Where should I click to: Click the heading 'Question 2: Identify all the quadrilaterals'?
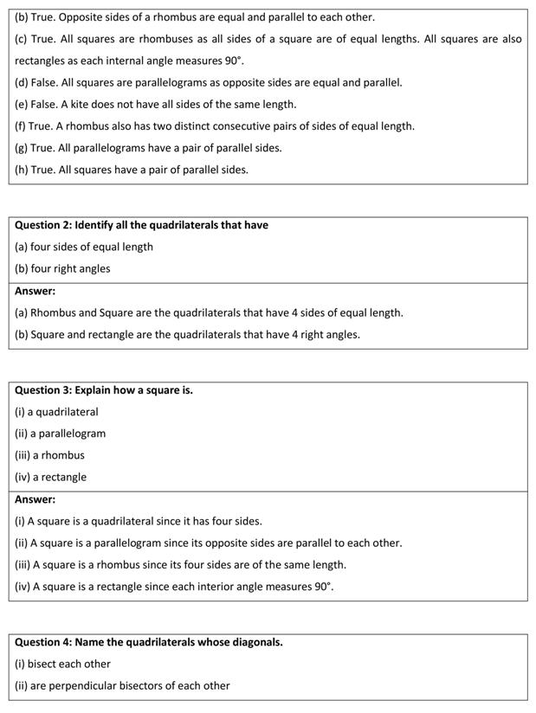coord(141,225)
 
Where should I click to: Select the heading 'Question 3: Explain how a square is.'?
coord(104,390)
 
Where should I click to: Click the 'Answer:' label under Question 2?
coord(35,291)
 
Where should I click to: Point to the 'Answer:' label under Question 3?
coord(35,499)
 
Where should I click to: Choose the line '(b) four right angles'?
coord(62,268)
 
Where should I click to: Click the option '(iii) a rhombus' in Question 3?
coord(49,455)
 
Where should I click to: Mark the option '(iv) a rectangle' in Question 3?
coord(50,477)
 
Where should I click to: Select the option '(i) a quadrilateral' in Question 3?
coord(56,412)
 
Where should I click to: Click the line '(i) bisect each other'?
coord(62,664)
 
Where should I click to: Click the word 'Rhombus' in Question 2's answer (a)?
coord(52,312)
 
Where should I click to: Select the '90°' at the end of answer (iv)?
coord(323,586)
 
